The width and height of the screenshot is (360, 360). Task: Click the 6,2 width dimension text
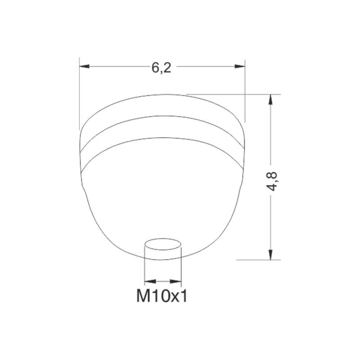pos(162,67)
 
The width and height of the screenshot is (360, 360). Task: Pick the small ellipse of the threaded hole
pos(162,244)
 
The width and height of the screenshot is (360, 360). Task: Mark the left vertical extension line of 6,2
pos(79,94)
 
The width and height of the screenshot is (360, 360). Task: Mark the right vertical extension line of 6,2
pos(246,90)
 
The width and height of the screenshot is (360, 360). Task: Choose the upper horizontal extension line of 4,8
pos(234,94)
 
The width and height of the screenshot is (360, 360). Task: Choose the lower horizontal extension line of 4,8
pos(259,260)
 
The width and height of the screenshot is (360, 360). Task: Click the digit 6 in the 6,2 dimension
pos(156,67)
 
